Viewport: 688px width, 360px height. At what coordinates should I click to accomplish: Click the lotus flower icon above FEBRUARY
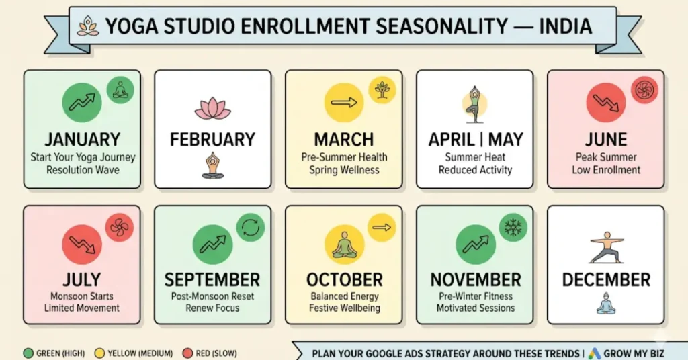[212, 107]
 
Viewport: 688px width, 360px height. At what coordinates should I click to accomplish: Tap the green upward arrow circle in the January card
[82, 102]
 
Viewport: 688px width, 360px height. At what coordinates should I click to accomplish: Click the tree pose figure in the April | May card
[475, 104]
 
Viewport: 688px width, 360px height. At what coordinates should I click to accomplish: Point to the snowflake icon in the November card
[513, 228]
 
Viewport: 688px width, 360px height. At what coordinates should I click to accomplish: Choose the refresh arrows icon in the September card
[251, 228]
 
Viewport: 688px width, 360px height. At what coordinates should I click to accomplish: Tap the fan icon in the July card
[120, 228]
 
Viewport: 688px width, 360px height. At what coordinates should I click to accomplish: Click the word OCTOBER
[344, 279]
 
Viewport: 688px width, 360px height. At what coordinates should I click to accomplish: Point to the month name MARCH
[344, 140]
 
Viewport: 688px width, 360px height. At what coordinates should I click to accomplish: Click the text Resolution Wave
[83, 170]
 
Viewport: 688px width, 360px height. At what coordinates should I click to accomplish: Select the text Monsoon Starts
[82, 296]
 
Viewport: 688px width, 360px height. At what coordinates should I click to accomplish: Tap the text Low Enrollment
[606, 170]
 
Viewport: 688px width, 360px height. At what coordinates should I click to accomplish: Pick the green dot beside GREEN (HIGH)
[28, 353]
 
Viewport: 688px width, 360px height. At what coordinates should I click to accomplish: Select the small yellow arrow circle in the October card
[382, 228]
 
